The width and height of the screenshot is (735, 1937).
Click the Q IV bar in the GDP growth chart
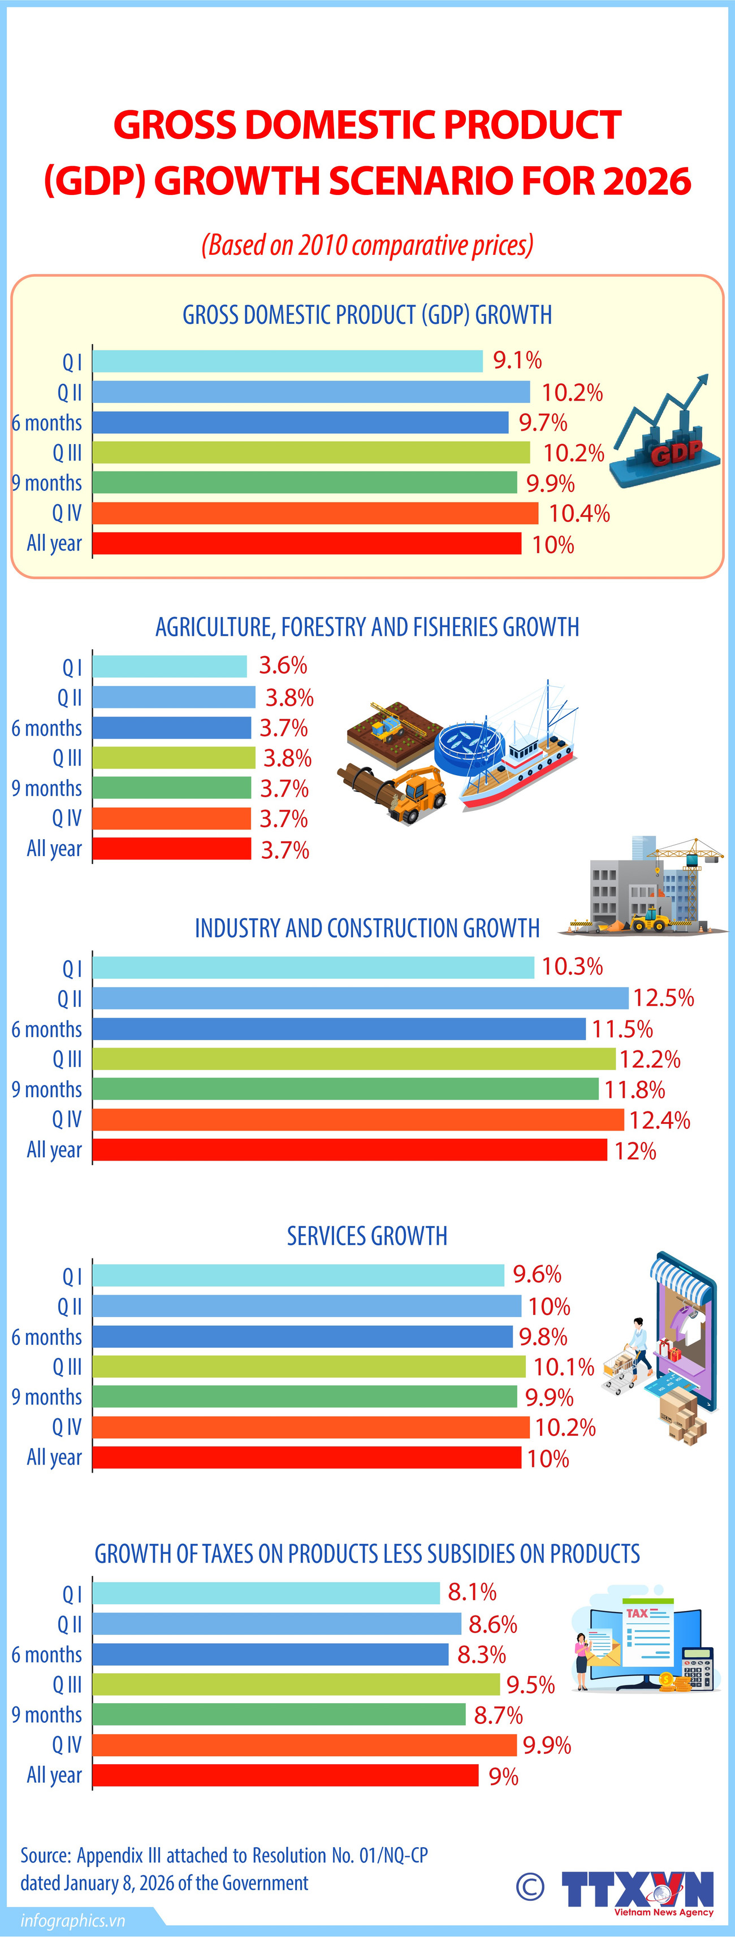[x=315, y=513]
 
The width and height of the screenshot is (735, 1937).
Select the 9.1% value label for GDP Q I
[x=517, y=360]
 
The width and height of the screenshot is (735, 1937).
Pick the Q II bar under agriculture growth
[x=174, y=697]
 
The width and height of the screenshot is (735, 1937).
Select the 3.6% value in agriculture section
[x=283, y=666]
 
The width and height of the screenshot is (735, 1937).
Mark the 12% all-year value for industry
[x=635, y=1151]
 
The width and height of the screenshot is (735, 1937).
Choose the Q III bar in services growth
[x=309, y=1366]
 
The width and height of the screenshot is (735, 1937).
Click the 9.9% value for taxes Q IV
[x=547, y=1744]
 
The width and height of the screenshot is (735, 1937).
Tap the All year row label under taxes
[x=54, y=1775]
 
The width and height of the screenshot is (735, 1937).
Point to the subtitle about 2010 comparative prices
[x=367, y=245]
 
